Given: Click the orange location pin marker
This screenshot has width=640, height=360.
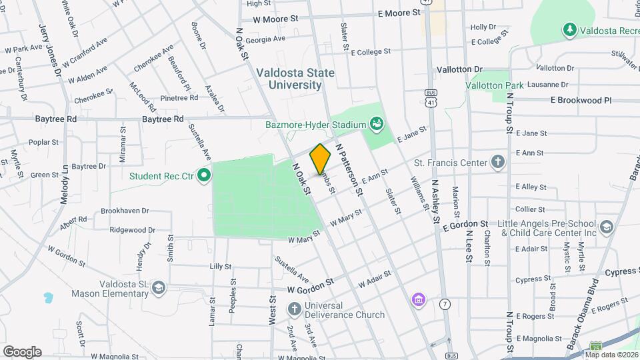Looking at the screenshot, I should click(320, 159).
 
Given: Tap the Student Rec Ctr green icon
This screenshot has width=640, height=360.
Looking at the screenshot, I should click(205, 176).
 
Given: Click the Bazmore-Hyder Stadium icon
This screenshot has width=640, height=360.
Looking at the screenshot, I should click(377, 124).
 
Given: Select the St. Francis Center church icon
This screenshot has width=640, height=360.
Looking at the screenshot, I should click(497, 162).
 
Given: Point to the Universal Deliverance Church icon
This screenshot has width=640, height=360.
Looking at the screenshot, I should click(294, 309).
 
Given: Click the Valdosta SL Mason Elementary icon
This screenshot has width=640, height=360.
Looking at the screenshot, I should click(158, 287).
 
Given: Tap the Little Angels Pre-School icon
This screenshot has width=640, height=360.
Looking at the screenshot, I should click(606, 227).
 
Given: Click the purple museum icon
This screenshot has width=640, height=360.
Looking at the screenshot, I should click(418, 299).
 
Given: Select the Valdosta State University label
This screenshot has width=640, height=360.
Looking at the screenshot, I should click(295, 79).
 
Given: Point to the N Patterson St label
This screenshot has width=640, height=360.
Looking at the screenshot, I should click(349, 169).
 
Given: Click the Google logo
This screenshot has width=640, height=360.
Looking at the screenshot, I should click(22, 351).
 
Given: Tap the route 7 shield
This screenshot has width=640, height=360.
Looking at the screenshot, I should click(443, 304).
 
